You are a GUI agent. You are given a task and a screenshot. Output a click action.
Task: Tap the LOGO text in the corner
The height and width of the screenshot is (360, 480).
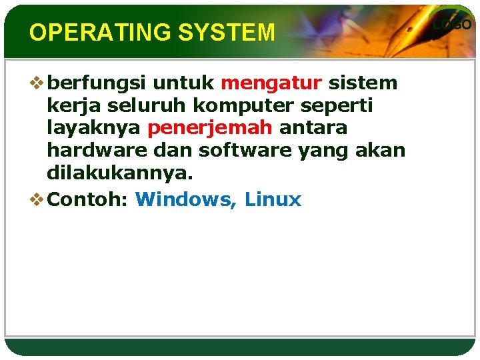pos(453,25)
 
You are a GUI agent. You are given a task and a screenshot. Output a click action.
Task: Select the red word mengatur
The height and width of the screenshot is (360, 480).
pos(271,83)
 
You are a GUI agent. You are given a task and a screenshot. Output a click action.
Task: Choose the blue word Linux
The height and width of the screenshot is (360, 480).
pos(273,199)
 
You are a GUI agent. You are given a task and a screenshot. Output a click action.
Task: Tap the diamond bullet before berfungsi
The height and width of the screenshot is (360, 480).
pos(37,83)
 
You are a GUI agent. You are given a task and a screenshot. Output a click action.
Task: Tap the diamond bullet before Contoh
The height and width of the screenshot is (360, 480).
pos(37,199)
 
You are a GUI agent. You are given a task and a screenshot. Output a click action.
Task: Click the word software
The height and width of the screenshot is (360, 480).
pos(231,151)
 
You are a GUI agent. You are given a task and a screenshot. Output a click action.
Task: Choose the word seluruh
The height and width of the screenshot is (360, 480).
pos(132,105)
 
